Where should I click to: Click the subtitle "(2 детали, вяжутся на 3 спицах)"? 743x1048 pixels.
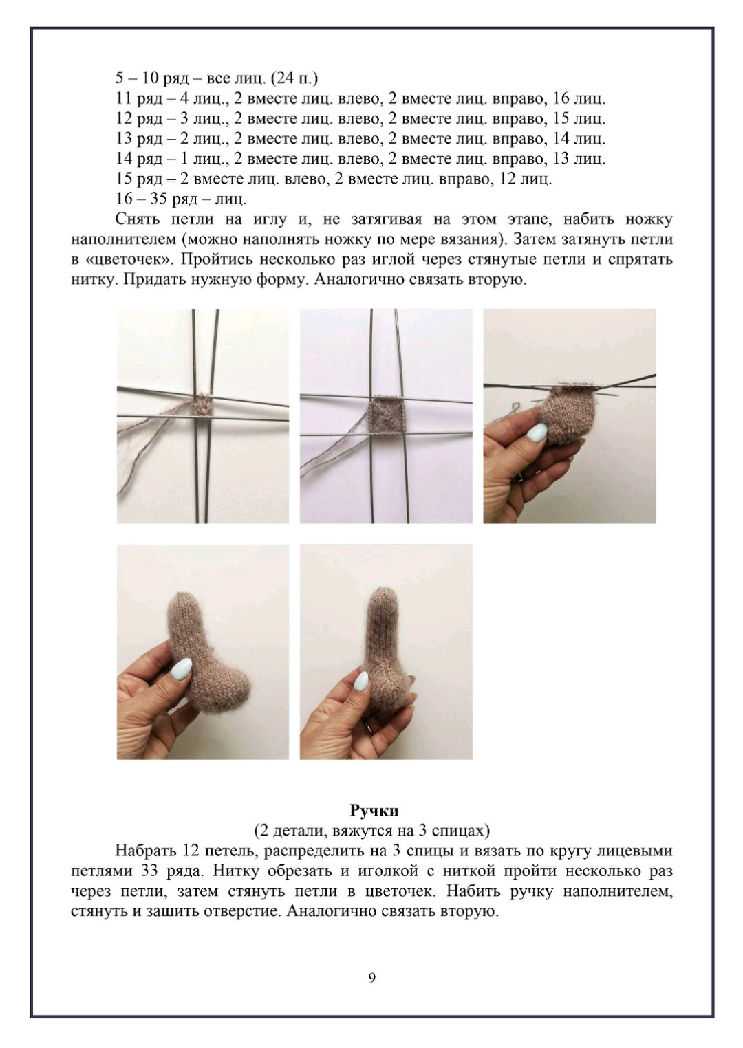pos(372,829)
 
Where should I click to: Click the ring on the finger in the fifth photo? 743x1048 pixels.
pos(369,726)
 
